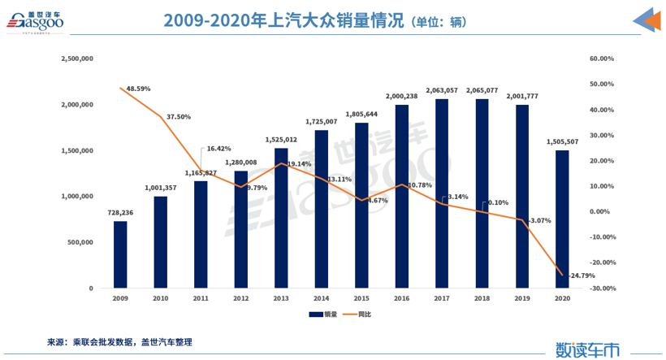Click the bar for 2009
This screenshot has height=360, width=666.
click(x=120, y=254)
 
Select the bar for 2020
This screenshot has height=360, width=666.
click(x=562, y=219)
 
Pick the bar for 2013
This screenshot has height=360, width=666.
click(x=281, y=218)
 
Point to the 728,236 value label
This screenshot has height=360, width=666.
click(x=120, y=213)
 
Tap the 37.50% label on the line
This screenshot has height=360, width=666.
click(x=179, y=117)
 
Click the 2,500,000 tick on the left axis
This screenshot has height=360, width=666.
click(x=77, y=59)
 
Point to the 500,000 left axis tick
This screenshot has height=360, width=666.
click(x=80, y=242)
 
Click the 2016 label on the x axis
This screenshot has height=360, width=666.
click(x=401, y=299)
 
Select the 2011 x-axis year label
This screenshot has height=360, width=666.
click(x=201, y=299)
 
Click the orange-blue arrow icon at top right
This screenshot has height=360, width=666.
click(x=646, y=22)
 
